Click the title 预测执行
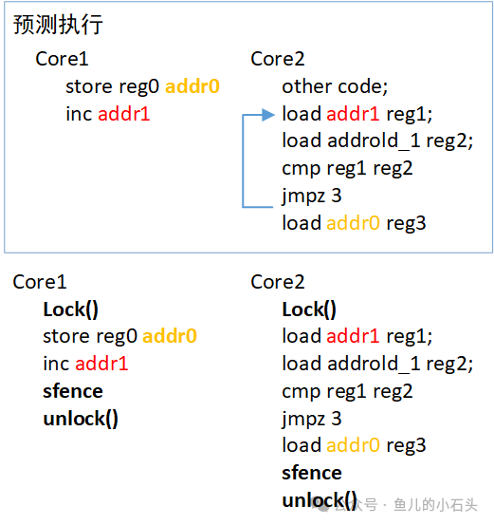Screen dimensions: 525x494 tap(58, 26)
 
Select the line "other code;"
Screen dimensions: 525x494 tap(335, 86)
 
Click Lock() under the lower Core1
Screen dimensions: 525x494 tap(71, 309)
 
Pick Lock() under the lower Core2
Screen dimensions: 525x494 tap(309, 309)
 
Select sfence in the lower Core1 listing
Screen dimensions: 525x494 tap(73, 391)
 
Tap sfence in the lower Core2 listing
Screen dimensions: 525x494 tap(311, 473)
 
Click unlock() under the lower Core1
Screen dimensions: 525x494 tap(81, 419)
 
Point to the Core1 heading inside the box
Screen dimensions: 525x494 tap(62, 59)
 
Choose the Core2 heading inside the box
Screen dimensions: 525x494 tap(278, 59)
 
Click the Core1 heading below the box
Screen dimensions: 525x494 tap(40, 282)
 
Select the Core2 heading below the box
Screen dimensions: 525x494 tap(278, 282)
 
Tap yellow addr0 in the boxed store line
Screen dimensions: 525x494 tap(192, 86)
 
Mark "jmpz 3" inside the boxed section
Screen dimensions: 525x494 tap(312, 196)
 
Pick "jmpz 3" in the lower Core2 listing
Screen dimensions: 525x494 tap(312, 419)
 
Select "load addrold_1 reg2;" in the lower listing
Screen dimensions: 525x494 tap(376, 364)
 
